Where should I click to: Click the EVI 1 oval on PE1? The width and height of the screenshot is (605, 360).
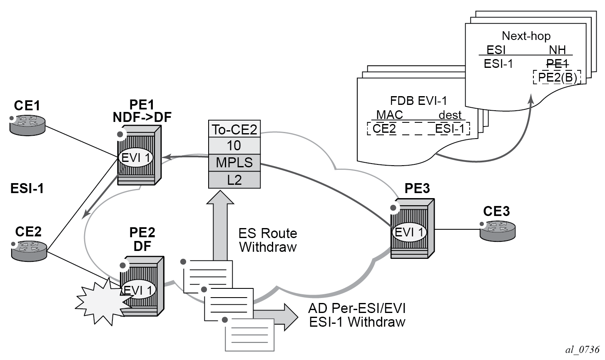tap(136, 158)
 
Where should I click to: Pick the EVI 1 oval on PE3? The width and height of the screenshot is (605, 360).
tap(410, 232)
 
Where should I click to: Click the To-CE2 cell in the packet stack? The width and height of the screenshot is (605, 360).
tap(234, 129)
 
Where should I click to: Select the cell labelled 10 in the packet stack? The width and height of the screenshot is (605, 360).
tap(234, 145)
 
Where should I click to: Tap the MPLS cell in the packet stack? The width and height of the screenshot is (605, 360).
tap(234, 162)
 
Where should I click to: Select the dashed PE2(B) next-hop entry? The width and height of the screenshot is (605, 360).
tap(557, 78)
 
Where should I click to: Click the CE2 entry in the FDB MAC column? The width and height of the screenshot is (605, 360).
tap(384, 129)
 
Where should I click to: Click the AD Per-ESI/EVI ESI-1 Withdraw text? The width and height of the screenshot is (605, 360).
tap(357, 315)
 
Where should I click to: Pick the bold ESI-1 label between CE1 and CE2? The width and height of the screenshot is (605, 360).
tap(27, 189)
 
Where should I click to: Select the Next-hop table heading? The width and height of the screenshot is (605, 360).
tap(526, 36)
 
